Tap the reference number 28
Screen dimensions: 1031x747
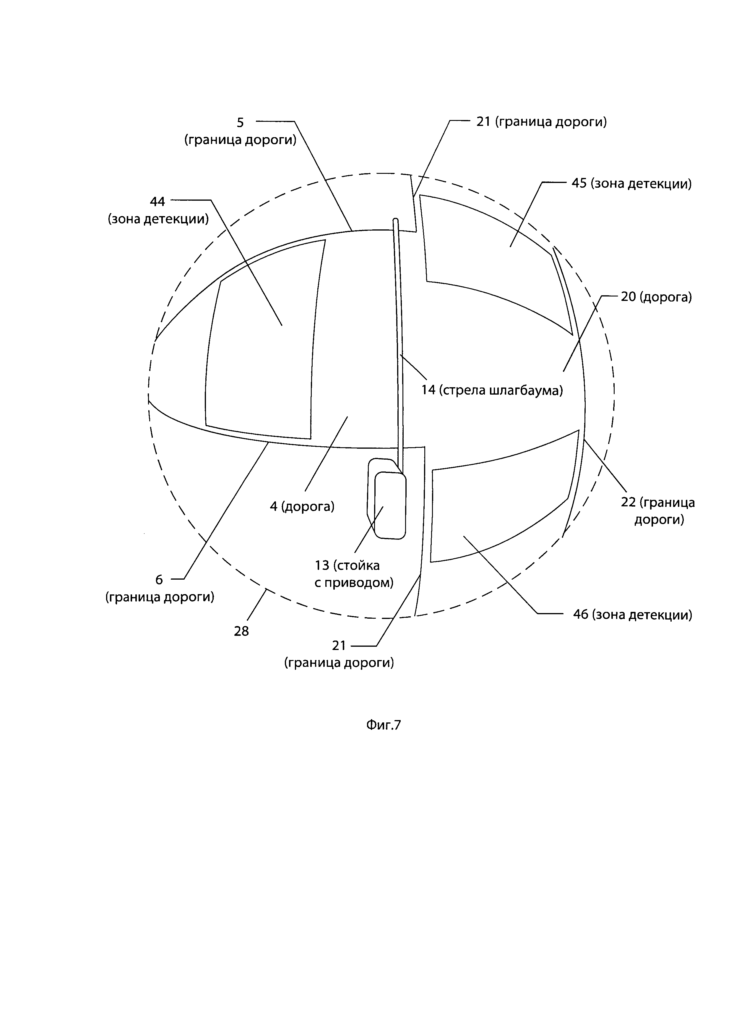tap(241, 631)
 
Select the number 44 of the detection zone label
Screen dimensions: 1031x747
tap(158, 201)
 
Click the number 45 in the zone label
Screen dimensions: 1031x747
tap(579, 184)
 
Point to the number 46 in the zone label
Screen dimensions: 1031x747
tap(581, 615)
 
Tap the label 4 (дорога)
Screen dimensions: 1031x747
tap(302, 506)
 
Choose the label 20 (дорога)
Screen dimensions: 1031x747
tap(656, 297)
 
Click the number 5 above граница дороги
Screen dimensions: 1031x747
tap(240, 122)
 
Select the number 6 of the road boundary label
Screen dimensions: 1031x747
tap(159, 580)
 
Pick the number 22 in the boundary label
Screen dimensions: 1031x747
tap(629, 503)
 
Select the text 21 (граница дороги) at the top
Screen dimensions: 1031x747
tap(541, 122)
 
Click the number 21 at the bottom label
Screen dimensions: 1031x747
tap(339, 646)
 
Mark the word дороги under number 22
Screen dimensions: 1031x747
tap(659, 520)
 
